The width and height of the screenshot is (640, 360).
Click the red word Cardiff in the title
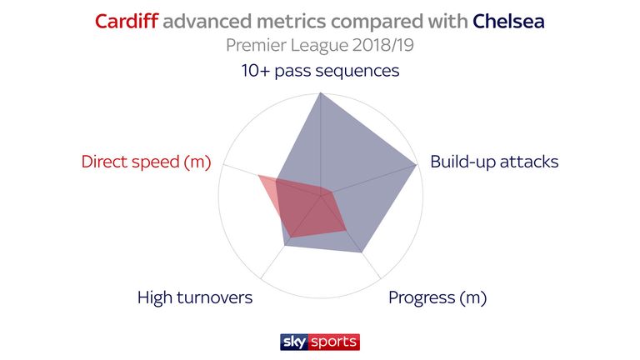(127, 21)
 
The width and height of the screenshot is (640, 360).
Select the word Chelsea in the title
(508, 21)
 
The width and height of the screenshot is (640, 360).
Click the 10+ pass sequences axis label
(320, 71)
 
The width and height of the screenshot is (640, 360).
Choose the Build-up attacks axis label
(494, 162)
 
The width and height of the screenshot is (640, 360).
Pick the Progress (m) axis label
(437, 297)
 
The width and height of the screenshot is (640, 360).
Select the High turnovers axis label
(195, 297)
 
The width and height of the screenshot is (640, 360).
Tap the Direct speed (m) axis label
(146, 162)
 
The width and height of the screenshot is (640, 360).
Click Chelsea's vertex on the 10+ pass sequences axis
(320, 93)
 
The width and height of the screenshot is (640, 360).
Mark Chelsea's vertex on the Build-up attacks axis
(417, 165)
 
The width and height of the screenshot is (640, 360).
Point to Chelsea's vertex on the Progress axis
(362, 252)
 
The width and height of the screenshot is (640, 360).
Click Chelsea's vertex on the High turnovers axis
(284, 246)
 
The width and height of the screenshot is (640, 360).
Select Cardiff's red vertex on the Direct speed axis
(258, 176)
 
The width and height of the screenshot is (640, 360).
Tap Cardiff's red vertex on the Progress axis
(347, 231)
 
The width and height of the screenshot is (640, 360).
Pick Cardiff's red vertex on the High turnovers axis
(291, 237)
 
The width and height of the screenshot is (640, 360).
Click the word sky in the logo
(294, 342)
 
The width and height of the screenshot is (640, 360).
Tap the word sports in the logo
(333, 342)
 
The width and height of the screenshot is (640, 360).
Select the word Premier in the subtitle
(256, 45)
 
